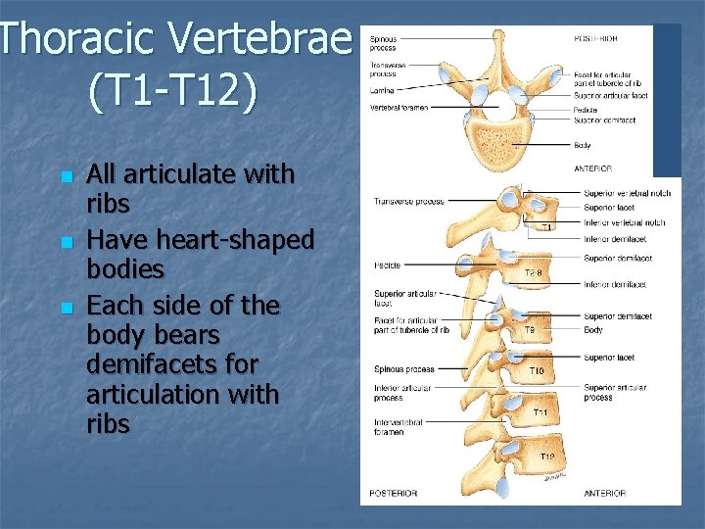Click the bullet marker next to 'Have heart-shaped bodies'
(66, 242)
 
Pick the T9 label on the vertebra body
(528, 330)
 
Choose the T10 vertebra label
(538, 372)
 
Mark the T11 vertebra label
(540, 413)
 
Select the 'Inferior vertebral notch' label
(623, 222)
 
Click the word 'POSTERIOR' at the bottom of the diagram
(393, 493)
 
